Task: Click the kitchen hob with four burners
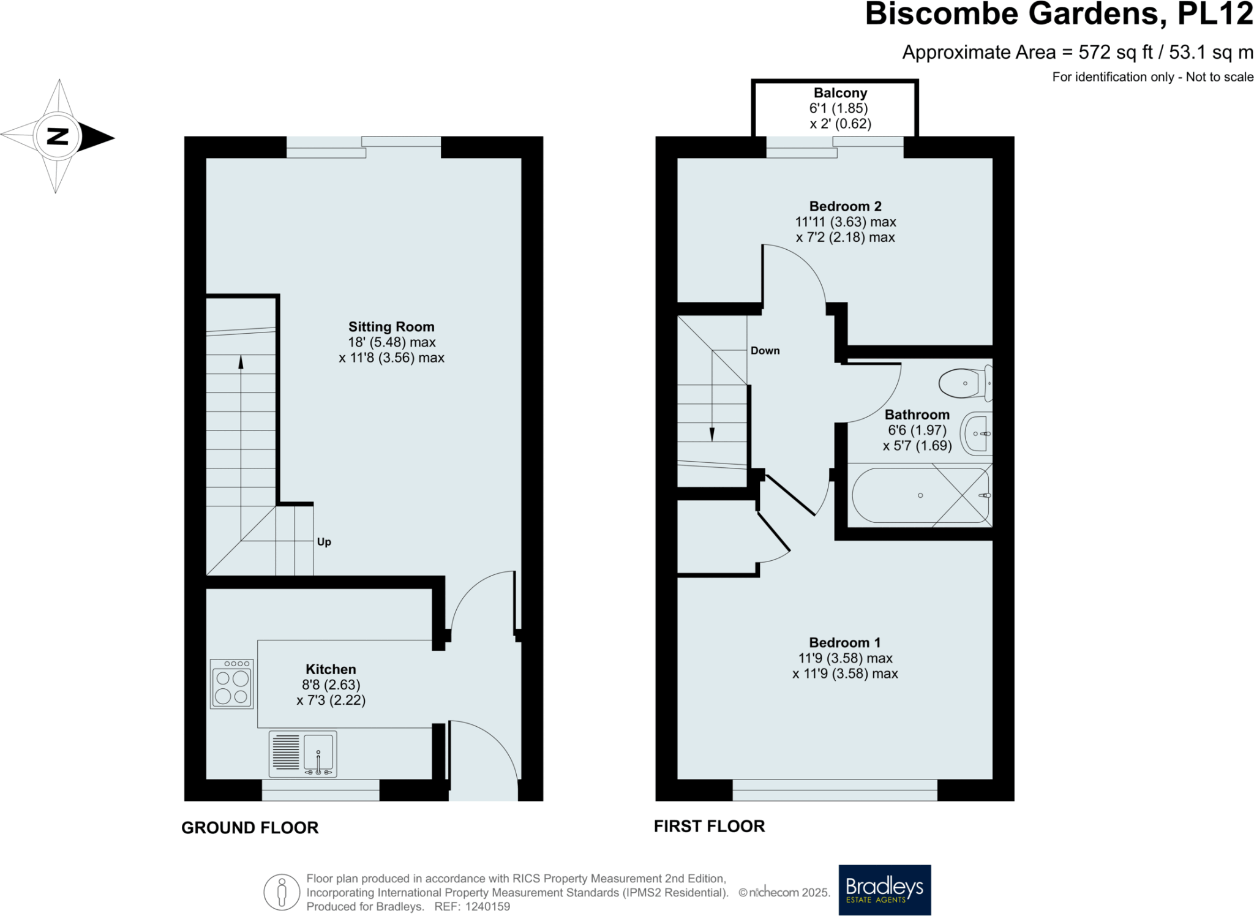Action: point(231,683)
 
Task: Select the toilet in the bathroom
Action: point(964,383)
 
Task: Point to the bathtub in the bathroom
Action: point(920,495)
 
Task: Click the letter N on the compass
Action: point(58,136)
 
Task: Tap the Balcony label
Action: point(840,93)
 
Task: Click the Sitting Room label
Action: point(391,327)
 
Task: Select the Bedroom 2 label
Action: point(845,206)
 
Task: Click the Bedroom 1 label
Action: point(844,642)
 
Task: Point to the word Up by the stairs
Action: point(324,542)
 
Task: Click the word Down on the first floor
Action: point(765,351)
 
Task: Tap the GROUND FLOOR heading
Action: point(250,828)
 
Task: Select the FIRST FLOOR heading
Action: point(709,827)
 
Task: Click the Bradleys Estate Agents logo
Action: point(884,889)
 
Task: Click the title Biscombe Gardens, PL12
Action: point(1059,15)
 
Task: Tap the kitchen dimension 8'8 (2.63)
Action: point(331,685)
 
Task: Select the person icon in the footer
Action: point(282,892)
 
